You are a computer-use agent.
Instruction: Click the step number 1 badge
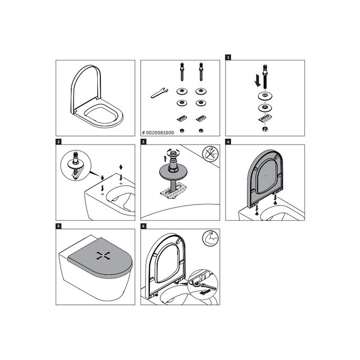click(x=228, y=57)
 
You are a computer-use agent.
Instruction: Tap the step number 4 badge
click(x=228, y=141)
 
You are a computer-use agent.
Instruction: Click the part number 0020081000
click(x=159, y=133)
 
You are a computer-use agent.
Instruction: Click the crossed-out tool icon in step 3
click(x=210, y=155)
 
